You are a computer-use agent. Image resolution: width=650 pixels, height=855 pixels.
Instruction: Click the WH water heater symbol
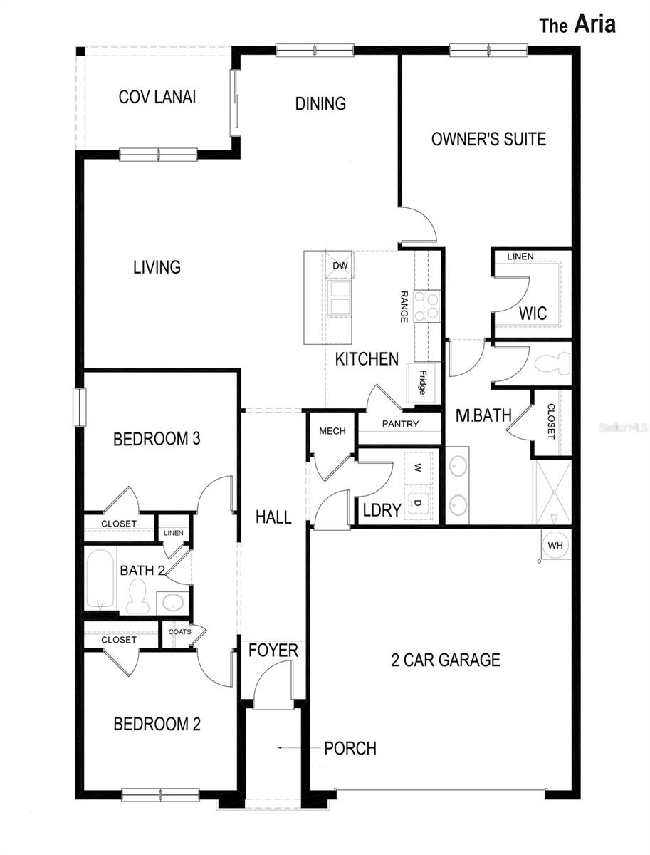[555, 545]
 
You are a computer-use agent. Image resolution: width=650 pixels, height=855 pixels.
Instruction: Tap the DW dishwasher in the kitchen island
[340, 265]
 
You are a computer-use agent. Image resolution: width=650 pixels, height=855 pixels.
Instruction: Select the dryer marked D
[418, 503]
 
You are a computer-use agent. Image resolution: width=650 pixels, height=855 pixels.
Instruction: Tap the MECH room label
[332, 431]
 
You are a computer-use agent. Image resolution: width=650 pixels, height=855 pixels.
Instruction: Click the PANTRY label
[400, 424]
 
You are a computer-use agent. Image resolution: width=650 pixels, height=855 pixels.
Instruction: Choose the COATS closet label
[180, 631]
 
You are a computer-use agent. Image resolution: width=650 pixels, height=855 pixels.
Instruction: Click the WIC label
[533, 313]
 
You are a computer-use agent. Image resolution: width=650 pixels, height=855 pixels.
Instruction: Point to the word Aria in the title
[594, 24]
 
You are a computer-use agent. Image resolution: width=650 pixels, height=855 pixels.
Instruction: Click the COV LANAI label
[157, 97]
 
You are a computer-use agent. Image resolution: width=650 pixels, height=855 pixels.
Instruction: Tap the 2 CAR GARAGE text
[446, 660]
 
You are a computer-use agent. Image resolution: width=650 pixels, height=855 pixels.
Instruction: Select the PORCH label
[350, 748]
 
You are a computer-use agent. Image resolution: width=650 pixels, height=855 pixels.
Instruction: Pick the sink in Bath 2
[173, 603]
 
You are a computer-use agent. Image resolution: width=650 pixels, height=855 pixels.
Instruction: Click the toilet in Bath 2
[139, 596]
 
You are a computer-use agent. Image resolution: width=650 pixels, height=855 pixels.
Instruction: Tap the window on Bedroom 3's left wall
[80, 407]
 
